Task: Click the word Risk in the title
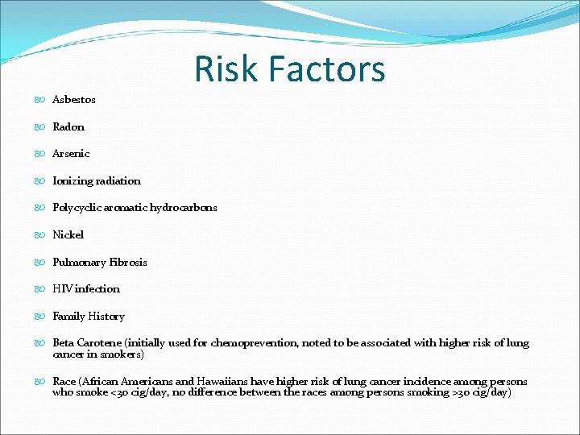pos(226,69)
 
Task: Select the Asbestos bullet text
pos(74,100)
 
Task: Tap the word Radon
pos(68,126)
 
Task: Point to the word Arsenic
pos(71,154)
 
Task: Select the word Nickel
pos(68,235)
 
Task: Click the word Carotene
pos(100,343)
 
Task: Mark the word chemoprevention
pos(254,343)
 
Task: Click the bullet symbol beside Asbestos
pos(41,100)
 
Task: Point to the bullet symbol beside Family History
pos(41,317)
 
